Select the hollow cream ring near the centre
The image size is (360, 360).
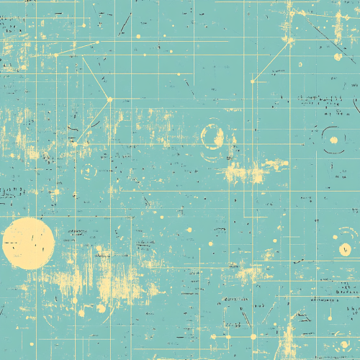coord(212,136)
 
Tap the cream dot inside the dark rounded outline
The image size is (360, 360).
coord(333,140)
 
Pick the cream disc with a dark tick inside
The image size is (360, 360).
coord(345,249)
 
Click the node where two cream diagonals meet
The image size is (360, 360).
coord(109,99)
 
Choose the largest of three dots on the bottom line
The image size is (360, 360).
coord(253,336)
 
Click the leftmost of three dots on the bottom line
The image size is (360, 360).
coord(213,336)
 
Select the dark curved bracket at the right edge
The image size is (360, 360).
coord(356,106)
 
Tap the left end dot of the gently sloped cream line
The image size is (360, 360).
coord(55,55)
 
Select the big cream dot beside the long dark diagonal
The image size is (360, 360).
coord(338,56)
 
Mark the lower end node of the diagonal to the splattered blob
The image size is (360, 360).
coord(253,81)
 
